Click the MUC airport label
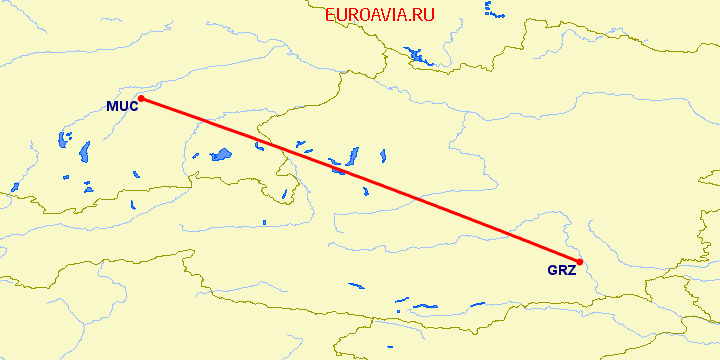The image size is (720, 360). point(121,106)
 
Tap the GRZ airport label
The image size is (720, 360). point(561,269)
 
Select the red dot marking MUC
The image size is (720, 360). point(141,98)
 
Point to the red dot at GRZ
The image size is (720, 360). point(580,262)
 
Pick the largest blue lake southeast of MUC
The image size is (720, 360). point(219,155)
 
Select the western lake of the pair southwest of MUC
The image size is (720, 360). point(64,139)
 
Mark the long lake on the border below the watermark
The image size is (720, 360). point(417,54)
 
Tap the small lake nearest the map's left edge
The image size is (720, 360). point(15,186)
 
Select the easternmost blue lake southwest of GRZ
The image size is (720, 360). point(428,306)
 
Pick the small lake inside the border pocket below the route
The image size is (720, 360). point(284,193)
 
